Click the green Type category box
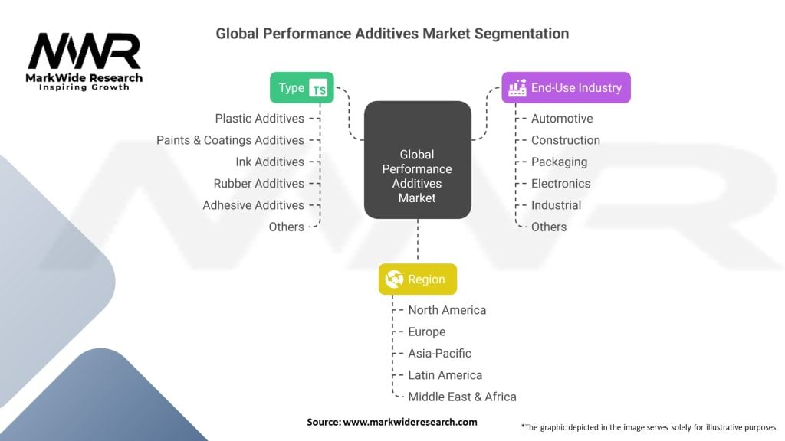(302, 87)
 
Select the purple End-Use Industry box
(566, 87)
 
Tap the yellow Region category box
(418, 279)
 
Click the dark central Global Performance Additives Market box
(417, 159)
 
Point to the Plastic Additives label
(259, 119)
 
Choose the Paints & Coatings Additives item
(230, 140)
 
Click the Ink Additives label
(270, 162)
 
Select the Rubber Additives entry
(258, 184)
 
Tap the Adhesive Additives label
(253, 205)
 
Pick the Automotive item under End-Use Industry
(562, 119)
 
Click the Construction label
(566, 140)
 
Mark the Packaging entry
(559, 162)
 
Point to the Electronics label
(561, 184)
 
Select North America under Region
(447, 310)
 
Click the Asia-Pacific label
(440, 354)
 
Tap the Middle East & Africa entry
(462, 397)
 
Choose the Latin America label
(445, 375)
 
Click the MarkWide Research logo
(84, 61)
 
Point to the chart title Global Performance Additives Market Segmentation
(392, 34)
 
